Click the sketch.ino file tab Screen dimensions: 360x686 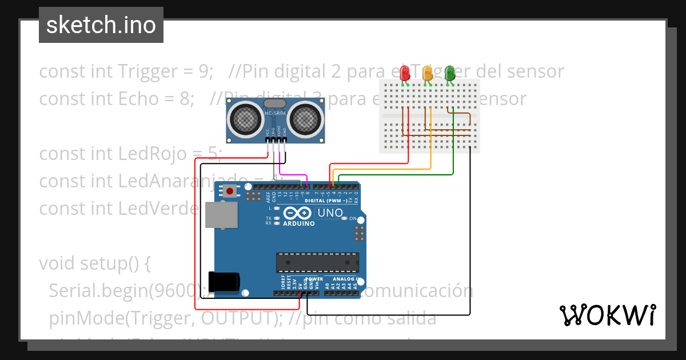(101, 25)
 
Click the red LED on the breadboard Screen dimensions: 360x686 (405, 73)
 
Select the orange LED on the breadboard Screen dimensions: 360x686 (427, 73)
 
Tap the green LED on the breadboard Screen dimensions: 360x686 (450, 73)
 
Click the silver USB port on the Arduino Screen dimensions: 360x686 (221, 215)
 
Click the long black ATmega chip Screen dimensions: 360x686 (317, 262)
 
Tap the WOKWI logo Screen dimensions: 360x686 (607, 315)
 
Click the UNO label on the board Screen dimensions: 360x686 (330, 213)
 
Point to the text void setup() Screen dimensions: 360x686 (94, 263)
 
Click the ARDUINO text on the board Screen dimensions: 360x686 (298, 223)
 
